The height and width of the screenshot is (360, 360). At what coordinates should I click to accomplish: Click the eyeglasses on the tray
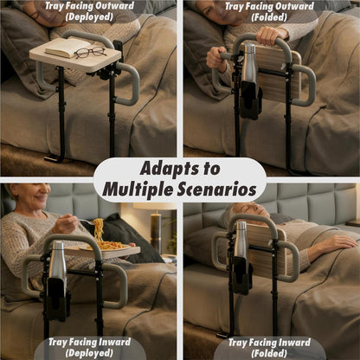tap(90, 53)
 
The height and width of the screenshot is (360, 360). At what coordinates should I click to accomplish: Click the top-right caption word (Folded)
tap(270, 16)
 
